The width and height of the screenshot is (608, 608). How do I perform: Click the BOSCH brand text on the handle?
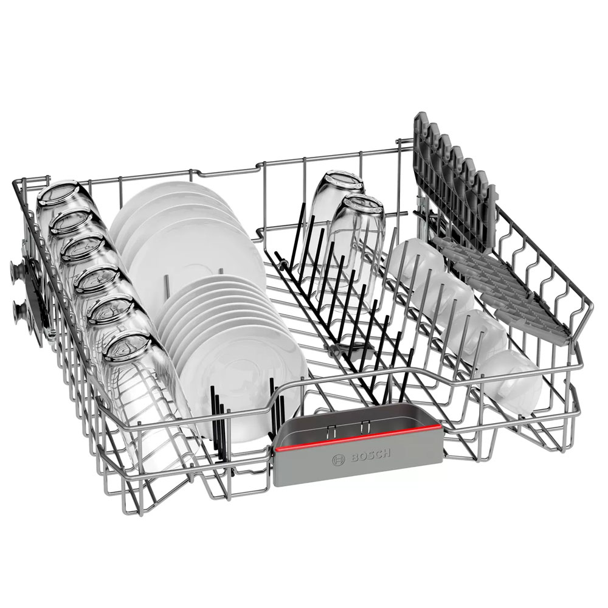point(370,455)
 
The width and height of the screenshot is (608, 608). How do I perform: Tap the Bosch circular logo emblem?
point(339,460)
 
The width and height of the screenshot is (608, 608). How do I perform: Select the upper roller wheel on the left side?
point(17,269)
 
